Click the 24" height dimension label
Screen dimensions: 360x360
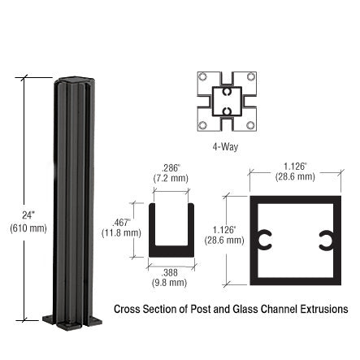pyautogui.click(x=28, y=215)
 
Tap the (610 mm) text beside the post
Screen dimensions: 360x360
pyautogui.click(x=28, y=228)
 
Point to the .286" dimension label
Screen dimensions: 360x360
pyautogui.click(x=171, y=167)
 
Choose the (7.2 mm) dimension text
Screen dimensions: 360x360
pyautogui.click(x=171, y=178)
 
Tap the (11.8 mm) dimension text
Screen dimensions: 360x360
pyautogui.click(x=121, y=233)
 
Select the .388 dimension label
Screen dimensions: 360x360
pyautogui.click(x=170, y=272)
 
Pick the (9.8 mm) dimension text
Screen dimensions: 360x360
pyautogui.click(x=170, y=283)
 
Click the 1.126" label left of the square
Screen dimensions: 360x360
pyautogui.click(x=224, y=229)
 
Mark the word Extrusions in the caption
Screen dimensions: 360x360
pyautogui.click(x=324, y=310)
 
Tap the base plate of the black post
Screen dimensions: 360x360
pyautogui.click(x=72, y=319)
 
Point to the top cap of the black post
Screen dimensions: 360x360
pyautogui.click(x=73, y=80)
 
